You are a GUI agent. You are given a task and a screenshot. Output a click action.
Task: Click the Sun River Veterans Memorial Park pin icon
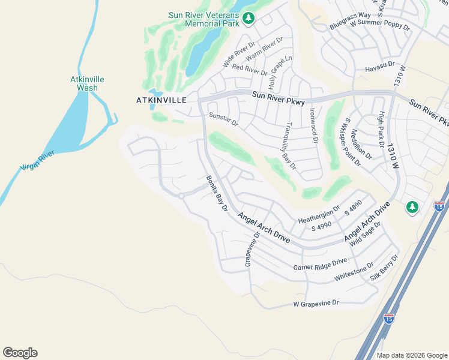tap(248, 20)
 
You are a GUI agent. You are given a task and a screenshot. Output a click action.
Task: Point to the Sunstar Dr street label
tap(223, 119)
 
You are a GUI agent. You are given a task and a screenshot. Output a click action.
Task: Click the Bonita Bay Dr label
tap(217, 193)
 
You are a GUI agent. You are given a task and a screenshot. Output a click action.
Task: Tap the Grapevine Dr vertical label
tap(249, 250)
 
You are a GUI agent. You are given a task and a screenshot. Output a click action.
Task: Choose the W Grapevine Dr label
tap(316, 304)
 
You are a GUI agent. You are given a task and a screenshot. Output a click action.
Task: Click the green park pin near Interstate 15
tap(412, 207)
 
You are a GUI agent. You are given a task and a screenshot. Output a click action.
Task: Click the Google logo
tap(20, 353)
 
